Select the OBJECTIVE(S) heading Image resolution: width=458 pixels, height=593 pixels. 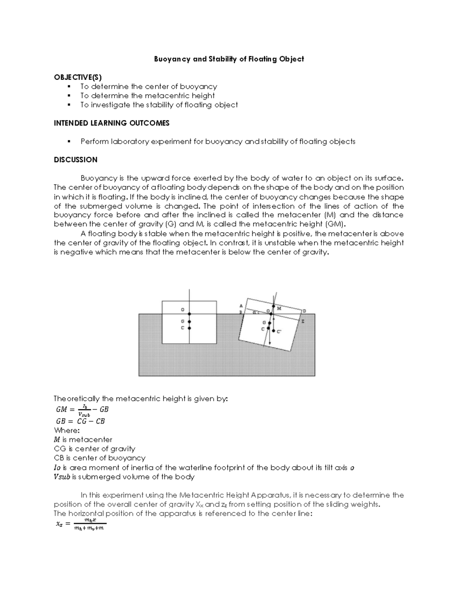pos(77,78)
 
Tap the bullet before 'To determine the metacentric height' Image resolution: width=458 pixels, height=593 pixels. pos(69,96)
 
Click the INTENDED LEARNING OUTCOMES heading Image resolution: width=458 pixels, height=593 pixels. pos(111,123)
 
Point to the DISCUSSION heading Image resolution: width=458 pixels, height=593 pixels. pos(76,160)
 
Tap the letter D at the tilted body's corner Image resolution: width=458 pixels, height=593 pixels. pos(304,311)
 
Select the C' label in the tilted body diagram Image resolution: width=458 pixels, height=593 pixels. pos(279,332)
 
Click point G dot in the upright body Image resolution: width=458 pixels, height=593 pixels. pos(189,322)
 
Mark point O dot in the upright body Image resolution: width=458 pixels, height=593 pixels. pos(189,313)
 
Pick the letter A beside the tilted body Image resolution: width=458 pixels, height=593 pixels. pos(240,305)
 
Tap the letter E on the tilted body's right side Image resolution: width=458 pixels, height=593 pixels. pos(303,322)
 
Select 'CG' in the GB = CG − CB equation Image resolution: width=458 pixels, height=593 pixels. pos(82,421)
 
